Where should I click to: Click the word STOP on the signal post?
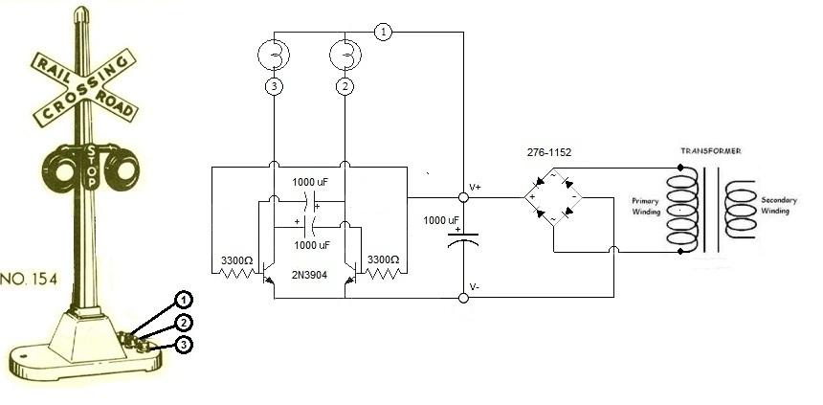92,167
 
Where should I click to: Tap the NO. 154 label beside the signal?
29,280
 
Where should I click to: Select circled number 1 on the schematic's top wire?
383,32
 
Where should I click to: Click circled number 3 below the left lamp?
274,86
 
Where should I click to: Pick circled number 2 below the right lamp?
345,86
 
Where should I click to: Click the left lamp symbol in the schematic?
274,55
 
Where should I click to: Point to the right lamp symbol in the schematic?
345,55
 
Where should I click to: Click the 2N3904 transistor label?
310,274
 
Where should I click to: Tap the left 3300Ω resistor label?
236,260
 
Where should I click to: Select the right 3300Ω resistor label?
383,259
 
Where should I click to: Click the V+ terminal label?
476,187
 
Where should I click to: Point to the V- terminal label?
475,287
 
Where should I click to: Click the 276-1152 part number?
549,152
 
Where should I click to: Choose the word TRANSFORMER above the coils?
711,150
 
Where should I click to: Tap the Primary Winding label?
646,206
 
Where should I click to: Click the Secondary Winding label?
779,205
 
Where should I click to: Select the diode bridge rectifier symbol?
553,197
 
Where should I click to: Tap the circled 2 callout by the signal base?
183,323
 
